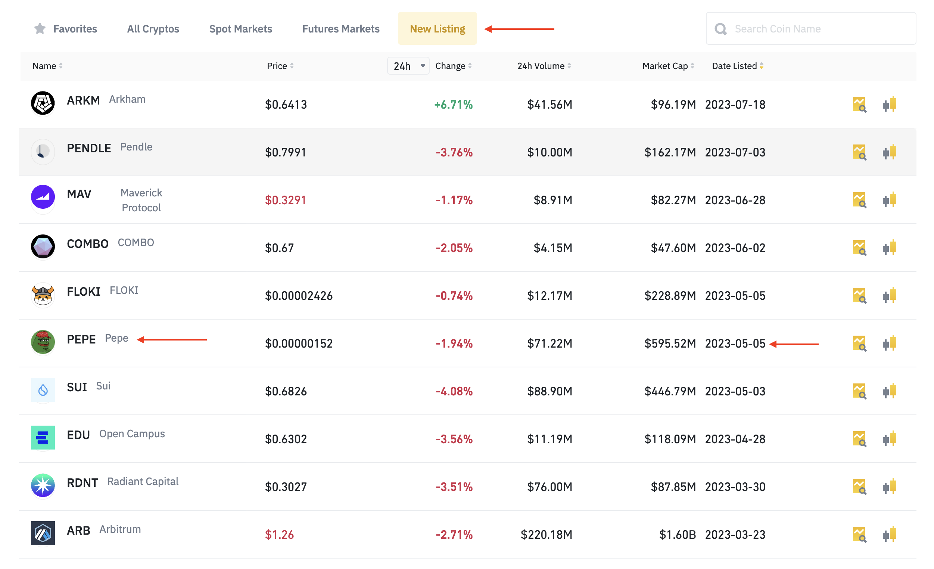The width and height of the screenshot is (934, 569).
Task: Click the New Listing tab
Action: pyautogui.click(x=437, y=29)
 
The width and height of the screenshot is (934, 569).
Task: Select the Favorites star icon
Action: pyautogui.click(x=40, y=28)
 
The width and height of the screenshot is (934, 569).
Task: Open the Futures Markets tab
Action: pyautogui.click(x=341, y=29)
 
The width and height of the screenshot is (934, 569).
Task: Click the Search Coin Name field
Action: pyautogui.click(x=811, y=28)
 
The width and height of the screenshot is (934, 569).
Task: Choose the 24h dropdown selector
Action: pyautogui.click(x=408, y=66)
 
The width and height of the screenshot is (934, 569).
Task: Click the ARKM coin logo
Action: pyautogui.click(x=43, y=103)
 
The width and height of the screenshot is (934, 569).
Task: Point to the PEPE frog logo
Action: pyautogui.click(x=43, y=342)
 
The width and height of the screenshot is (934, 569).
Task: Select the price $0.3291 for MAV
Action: pyautogui.click(x=286, y=200)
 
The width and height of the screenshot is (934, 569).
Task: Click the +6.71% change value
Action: pyautogui.click(x=453, y=105)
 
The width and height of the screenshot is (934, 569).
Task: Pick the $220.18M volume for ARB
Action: pyautogui.click(x=546, y=535)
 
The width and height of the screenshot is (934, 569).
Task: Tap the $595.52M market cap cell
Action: pyautogui.click(x=670, y=343)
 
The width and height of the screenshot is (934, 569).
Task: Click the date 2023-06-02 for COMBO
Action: pyautogui.click(x=735, y=248)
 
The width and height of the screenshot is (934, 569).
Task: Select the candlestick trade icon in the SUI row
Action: pyautogui.click(x=889, y=391)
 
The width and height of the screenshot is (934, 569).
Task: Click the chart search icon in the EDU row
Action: pyautogui.click(x=859, y=439)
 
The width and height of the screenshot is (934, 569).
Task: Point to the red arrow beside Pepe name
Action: pyautogui.click(x=172, y=340)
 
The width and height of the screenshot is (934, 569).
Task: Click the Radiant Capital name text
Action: pyautogui.click(x=143, y=481)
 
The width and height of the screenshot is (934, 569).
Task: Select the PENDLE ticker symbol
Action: pyautogui.click(x=89, y=148)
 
